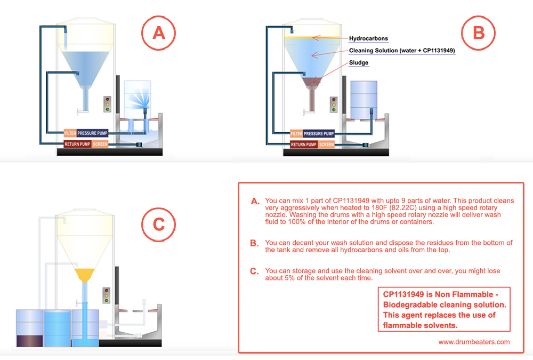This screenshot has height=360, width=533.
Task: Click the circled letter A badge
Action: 158,33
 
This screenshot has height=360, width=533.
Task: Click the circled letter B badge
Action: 478,33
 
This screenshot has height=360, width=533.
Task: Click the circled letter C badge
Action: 158,225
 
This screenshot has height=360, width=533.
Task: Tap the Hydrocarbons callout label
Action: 368,38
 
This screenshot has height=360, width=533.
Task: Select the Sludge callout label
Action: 359,62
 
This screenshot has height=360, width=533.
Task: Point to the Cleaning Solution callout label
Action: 402,51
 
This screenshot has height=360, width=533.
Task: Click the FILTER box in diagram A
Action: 70,133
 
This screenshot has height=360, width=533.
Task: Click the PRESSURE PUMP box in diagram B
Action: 319,133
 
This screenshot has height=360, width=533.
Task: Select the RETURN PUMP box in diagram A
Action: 77,144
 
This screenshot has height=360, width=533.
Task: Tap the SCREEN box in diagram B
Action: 326,145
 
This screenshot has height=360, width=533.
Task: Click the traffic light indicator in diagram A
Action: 108,104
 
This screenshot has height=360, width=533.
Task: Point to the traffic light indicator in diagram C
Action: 107,295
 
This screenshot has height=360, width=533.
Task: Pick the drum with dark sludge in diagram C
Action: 29,329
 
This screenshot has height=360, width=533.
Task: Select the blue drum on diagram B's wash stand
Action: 364,100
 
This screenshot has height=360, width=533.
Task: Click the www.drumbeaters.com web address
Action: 474,342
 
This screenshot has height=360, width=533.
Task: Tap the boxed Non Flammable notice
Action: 444,309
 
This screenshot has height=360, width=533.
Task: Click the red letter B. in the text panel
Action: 254,243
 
